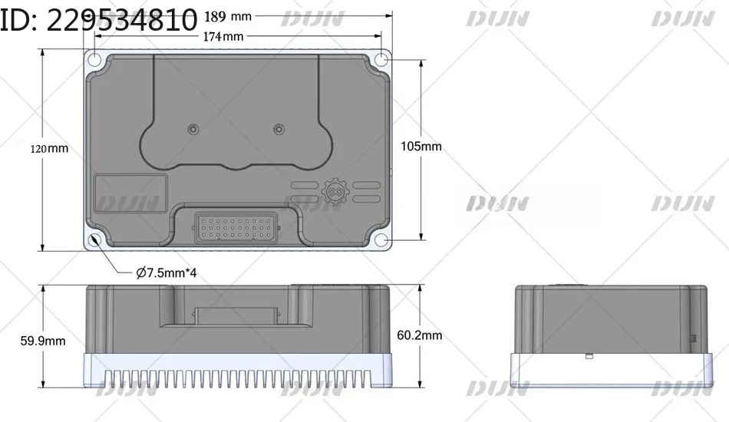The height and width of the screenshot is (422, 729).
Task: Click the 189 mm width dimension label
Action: tap(228, 17)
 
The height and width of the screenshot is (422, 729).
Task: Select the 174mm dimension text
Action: tap(223, 36)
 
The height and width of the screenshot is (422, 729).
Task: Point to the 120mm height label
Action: tap(49, 149)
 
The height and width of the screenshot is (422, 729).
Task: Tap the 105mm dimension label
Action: tap(421, 147)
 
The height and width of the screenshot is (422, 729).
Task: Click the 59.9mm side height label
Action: tap(43, 341)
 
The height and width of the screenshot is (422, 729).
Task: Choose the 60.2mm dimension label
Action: tap(419, 335)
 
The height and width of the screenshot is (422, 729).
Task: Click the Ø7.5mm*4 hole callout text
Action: tap(167, 272)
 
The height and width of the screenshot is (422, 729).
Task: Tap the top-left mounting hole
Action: tap(94, 60)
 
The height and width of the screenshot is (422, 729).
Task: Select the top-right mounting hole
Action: tap(381, 60)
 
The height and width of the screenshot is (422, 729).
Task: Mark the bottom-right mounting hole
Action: tap(381, 240)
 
